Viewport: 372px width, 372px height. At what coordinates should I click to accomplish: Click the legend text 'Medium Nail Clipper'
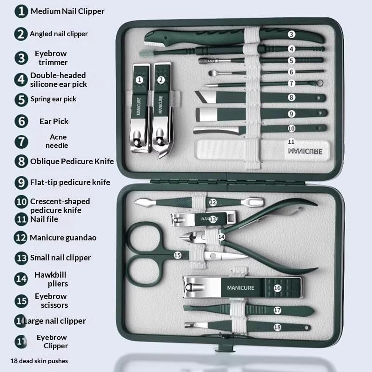tap(67, 11)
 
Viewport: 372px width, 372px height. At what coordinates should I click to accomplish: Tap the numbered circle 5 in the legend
tap(21, 100)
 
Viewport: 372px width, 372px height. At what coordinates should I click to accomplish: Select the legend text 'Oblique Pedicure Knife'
tap(72, 161)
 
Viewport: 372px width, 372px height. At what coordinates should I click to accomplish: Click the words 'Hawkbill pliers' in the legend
tap(51, 279)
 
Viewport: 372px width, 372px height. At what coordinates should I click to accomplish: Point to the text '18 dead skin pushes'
tap(39, 361)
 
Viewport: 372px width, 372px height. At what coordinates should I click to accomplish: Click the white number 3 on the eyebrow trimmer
tap(292, 34)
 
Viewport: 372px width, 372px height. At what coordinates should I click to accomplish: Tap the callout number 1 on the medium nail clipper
tap(139, 80)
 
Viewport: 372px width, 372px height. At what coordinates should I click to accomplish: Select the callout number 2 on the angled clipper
tap(161, 80)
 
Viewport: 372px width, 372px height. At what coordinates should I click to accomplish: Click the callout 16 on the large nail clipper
tap(277, 288)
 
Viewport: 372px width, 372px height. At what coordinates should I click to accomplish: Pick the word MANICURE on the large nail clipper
tap(240, 288)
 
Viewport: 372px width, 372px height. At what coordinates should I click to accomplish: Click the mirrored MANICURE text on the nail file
tap(305, 152)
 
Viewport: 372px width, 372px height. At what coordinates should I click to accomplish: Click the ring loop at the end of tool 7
tap(319, 83)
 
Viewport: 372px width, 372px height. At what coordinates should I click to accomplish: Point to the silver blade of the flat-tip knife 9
tap(207, 114)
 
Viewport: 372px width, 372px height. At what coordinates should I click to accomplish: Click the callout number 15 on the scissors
tap(178, 255)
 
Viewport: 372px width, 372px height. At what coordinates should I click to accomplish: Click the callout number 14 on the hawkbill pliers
tap(221, 237)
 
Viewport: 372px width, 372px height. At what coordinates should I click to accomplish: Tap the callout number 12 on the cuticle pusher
tap(213, 202)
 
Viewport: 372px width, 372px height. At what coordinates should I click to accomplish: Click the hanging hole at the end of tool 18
tap(306, 328)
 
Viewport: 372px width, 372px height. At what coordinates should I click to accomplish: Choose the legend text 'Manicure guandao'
tap(63, 238)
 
